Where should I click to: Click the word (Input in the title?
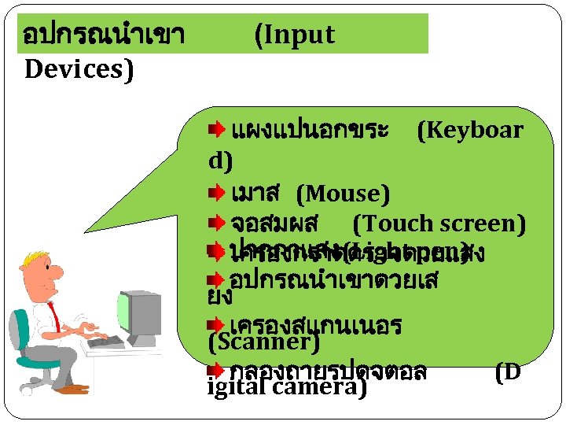click(295, 35)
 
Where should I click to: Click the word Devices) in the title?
click(79, 69)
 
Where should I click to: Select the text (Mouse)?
click(343, 193)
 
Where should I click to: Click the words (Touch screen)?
click(439, 224)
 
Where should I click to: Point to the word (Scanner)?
click(263, 342)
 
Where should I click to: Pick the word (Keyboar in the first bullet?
click(469, 130)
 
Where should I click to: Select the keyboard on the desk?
click(105, 342)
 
